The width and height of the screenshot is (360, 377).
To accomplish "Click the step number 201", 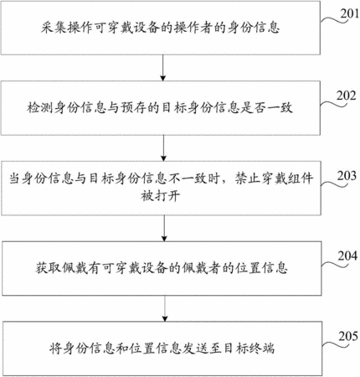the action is click(349, 13).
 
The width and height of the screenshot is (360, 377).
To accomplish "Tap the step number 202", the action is click(347, 96).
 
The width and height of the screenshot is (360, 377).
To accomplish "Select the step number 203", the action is click(347, 176).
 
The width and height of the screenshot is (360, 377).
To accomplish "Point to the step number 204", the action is click(347, 256).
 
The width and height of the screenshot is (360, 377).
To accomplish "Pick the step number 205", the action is click(348, 337).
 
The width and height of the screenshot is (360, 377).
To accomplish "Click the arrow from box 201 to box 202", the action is click(162, 68).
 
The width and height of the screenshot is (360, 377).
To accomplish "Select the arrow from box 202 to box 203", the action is click(163, 148).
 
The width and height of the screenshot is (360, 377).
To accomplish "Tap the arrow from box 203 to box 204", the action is click(164, 229).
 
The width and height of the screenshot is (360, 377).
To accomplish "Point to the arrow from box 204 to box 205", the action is click(165, 308).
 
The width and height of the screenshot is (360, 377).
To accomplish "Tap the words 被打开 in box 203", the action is click(160, 196).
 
